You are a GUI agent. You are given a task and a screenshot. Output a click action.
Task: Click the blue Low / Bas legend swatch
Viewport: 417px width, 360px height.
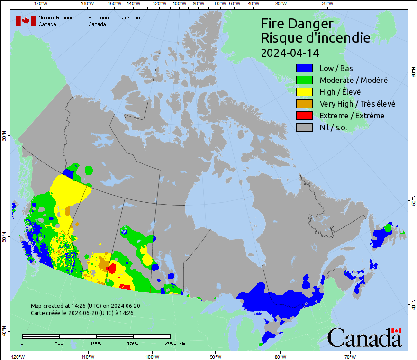pos(304,69)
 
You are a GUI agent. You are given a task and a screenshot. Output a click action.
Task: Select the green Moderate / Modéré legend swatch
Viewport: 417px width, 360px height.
pos(304,80)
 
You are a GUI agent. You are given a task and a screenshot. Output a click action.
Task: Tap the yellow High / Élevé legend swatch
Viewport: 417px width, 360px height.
pos(304,92)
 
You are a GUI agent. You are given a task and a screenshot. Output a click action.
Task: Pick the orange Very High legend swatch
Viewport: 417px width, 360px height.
pos(304,104)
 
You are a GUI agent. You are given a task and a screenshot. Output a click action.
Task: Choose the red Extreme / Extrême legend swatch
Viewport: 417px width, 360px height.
pos(304,116)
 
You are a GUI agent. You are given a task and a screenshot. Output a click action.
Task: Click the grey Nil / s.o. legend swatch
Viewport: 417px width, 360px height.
pos(304,127)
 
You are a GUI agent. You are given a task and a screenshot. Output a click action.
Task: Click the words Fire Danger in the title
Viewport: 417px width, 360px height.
pos(297,24)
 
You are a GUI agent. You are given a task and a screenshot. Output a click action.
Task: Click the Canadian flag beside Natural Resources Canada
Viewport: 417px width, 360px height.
pos(26,20)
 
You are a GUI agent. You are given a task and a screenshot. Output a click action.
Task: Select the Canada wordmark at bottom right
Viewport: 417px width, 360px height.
pos(364,337)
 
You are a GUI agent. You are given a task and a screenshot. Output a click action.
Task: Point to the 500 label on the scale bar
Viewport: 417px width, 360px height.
pos(59,343)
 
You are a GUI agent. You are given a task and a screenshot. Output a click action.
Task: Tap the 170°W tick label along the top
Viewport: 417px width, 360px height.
pos(41,4)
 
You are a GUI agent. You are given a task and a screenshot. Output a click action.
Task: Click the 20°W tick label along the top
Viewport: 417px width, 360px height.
pos(326,4)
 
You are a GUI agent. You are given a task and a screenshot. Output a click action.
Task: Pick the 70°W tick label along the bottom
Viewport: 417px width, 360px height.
pos(350,356)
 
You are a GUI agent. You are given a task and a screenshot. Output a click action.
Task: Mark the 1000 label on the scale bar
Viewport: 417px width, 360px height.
pos(96,343)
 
